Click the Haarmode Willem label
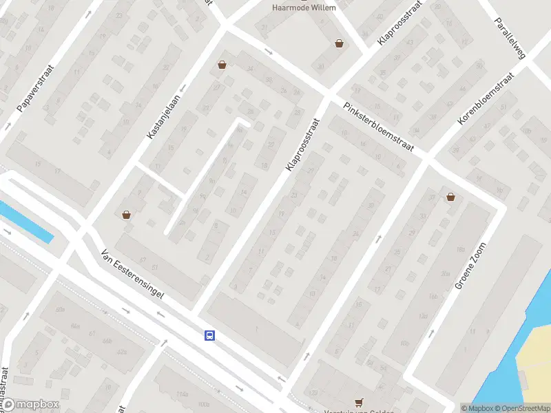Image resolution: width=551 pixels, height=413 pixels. tap(304, 8)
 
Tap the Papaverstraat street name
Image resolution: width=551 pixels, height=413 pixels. tap(34, 89)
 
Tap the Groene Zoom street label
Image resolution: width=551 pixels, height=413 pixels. tap(470, 266)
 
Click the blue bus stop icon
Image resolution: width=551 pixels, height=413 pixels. tap(209, 335)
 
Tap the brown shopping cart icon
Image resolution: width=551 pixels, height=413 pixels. tap(358, 402)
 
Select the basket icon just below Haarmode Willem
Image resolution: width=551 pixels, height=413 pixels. tap(339, 44)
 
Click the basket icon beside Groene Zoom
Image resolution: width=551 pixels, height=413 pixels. tap(450, 197)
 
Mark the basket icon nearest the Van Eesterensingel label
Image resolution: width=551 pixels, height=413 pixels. tap(127, 215)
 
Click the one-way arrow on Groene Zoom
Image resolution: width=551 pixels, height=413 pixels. tap(431, 333)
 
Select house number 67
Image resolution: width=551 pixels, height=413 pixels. tap(143, 259)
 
